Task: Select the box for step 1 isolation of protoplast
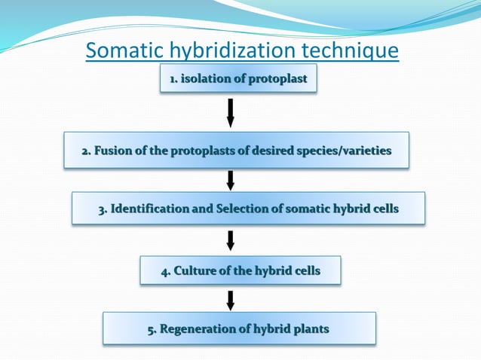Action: (x=238, y=78)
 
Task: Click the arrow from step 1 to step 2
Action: (x=231, y=112)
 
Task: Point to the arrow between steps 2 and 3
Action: (x=231, y=180)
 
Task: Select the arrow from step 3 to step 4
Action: (x=231, y=240)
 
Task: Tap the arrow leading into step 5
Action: (x=231, y=299)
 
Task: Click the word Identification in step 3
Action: (x=149, y=209)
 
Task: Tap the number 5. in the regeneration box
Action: (x=152, y=329)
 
